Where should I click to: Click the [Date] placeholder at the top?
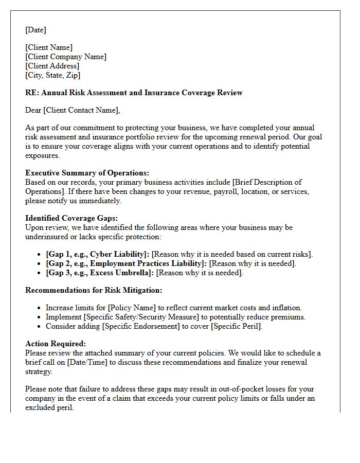(x=35, y=30)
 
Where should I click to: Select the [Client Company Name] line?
(x=65, y=57)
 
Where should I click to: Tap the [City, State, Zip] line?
(x=52, y=75)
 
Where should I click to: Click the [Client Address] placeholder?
(x=52, y=66)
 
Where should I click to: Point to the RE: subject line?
(x=134, y=93)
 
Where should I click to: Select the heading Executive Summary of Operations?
(x=87, y=173)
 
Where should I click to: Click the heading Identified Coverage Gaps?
(x=71, y=218)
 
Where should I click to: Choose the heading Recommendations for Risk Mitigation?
(x=94, y=290)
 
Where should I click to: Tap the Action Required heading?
(x=56, y=344)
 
